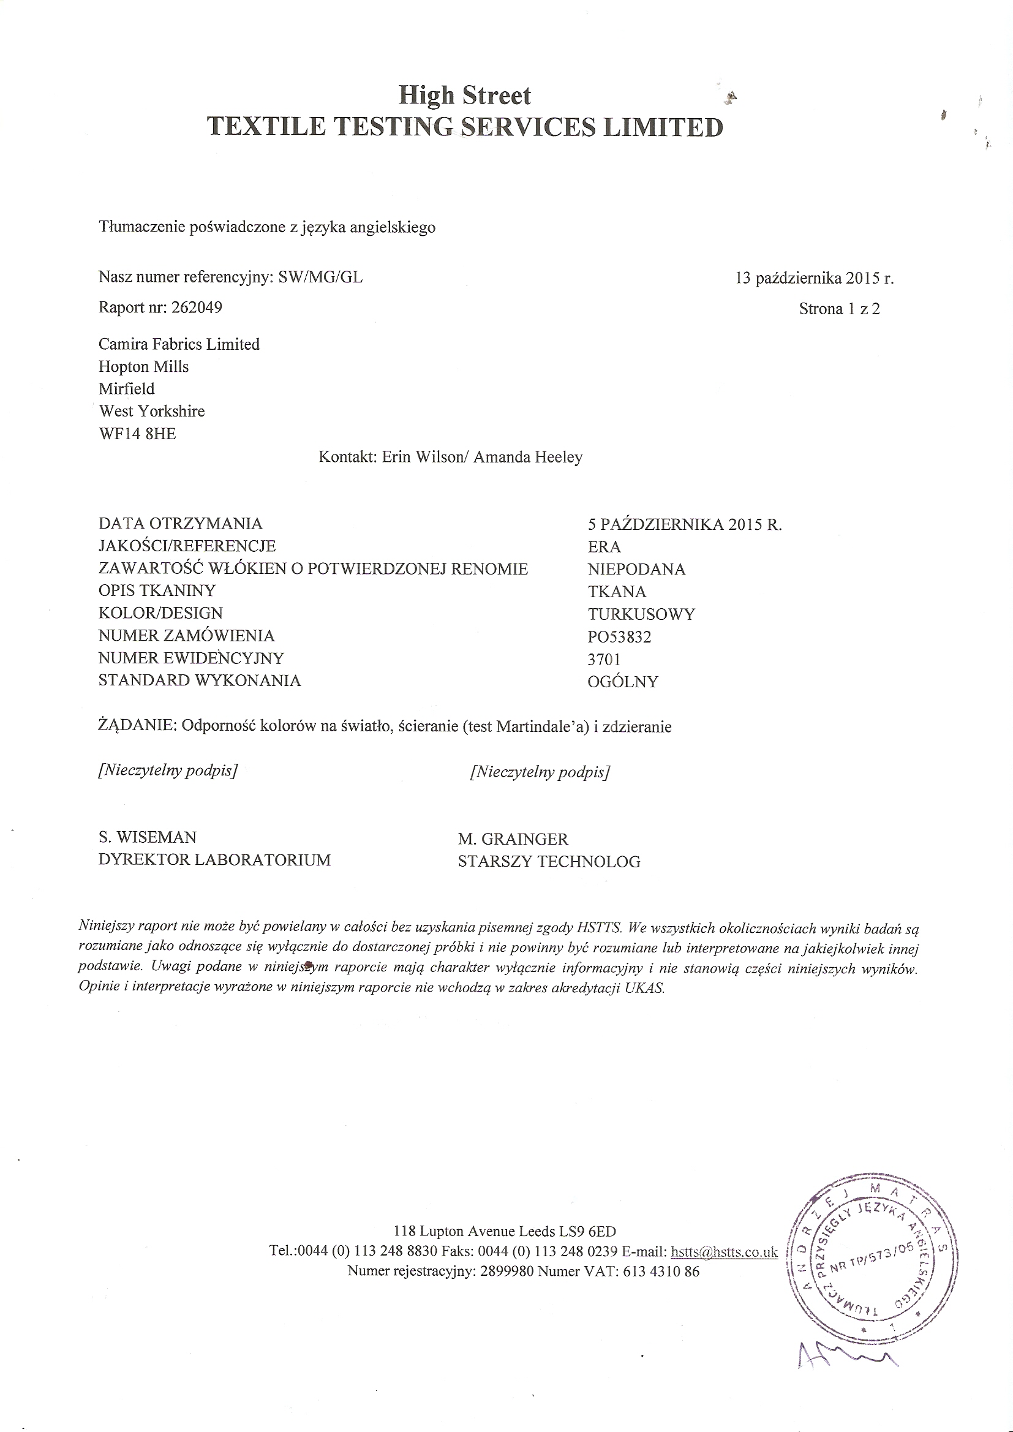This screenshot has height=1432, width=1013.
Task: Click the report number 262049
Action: (197, 307)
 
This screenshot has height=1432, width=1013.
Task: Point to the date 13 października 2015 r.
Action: (815, 278)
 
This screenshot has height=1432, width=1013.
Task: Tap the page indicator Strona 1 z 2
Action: (839, 309)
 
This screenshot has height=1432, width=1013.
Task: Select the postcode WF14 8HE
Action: (137, 434)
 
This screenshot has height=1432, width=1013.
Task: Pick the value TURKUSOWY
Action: (641, 614)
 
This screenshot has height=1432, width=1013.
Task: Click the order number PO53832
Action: (619, 637)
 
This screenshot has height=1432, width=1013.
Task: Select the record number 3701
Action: (604, 659)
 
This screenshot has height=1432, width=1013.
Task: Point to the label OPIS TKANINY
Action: (157, 590)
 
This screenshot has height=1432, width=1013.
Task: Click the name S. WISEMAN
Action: (147, 837)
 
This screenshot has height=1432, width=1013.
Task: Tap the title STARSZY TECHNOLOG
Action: (549, 861)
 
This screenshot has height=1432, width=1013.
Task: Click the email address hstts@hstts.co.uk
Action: (724, 1252)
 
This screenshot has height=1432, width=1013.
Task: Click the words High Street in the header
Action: (465, 96)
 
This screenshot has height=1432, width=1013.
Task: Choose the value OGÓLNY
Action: (622, 682)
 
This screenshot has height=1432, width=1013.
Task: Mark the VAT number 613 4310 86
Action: (661, 1271)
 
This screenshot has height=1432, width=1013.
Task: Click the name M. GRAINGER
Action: (513, 839)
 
